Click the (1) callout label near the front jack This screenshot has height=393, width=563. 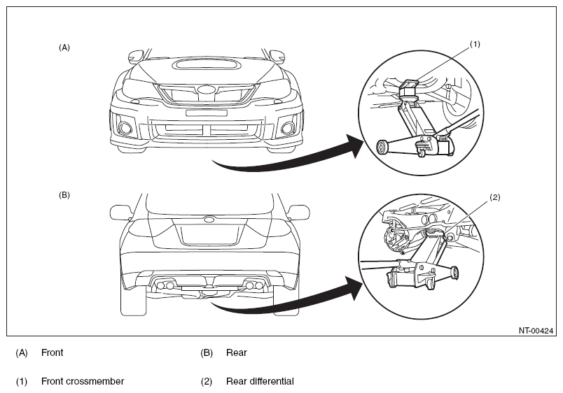(x=475, y=44)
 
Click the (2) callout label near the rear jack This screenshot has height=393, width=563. (x=495, y=197)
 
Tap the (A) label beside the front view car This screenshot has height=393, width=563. (x=64, y=48)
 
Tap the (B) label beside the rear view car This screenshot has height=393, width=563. (x=64, y=195)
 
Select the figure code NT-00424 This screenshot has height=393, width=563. (x=536, y=331)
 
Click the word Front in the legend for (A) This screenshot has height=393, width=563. (x=52, y=352)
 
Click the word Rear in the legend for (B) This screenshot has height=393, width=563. (x=236, y=352)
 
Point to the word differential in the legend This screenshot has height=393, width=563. (x=271, y=381)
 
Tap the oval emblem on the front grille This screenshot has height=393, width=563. (x=206, y=90)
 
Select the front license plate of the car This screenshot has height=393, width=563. (x=206, y=113)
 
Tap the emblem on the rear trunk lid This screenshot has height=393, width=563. (x=209, y=220)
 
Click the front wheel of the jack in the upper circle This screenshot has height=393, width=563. (x=382, y=148)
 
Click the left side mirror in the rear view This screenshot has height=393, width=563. (x=120, y=213)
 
